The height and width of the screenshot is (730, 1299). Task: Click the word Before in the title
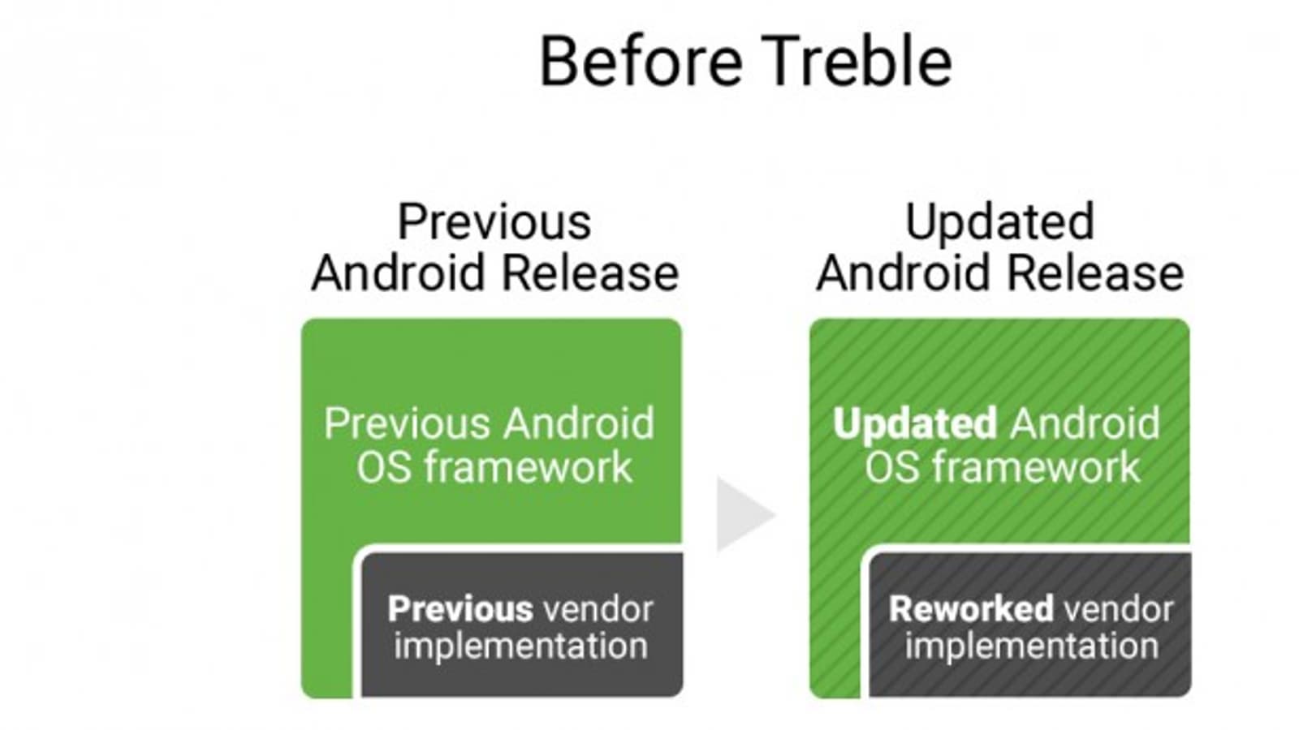[641, 61]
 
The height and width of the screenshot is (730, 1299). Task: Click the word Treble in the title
[857, 61]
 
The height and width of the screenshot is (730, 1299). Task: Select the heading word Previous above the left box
[494, 222]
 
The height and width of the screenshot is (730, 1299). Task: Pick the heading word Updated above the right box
[999, 223]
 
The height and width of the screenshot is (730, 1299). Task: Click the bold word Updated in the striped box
[915, 425]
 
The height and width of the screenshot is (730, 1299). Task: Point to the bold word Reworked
[971, 609]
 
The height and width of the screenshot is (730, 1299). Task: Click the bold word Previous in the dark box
[460, 609]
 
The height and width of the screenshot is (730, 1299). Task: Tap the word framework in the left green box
[528, 467]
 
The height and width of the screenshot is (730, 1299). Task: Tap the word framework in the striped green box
[1036, 467]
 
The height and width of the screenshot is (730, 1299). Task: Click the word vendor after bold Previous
[598, 609]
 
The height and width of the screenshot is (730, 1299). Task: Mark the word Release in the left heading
[590, 273]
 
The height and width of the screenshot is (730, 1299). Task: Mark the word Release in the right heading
[1095, 273]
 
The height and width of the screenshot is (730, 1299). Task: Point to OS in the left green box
[384, 467]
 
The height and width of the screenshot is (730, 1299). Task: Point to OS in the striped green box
[892, 467]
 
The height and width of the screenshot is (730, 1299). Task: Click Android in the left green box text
[579, 423]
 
